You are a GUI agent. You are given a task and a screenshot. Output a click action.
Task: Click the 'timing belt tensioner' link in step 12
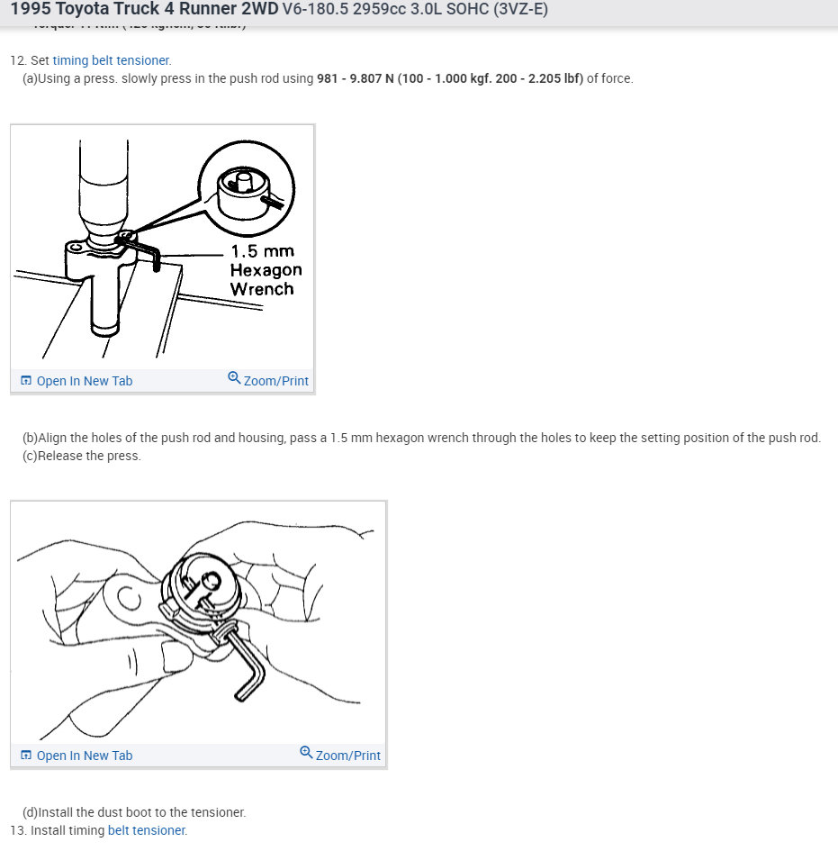111,60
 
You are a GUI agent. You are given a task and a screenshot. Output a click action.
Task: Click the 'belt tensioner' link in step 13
146,830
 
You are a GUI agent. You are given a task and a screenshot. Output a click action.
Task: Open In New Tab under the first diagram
84,381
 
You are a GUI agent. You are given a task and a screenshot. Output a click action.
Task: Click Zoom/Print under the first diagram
275,381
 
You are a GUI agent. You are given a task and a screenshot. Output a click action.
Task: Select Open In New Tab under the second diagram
84,756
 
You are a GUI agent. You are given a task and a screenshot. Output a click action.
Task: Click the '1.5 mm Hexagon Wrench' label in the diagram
266,269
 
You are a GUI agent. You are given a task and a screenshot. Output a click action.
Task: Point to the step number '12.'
18,60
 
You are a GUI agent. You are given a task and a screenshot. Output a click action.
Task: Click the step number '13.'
18,830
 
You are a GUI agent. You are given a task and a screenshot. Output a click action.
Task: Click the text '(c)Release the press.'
82,456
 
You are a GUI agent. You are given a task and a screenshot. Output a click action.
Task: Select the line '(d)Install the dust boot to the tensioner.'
134,812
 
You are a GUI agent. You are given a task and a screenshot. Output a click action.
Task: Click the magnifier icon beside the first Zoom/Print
234,378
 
